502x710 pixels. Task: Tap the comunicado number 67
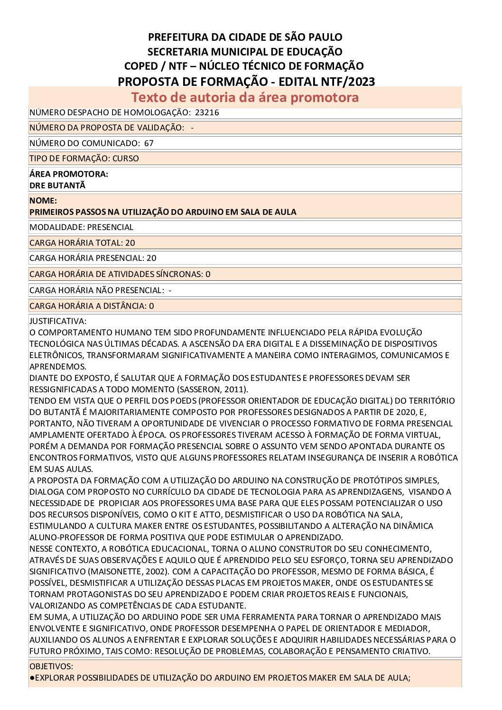pos(149,143)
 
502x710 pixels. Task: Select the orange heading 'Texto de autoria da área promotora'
pos(245,97)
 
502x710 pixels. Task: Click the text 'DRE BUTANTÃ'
pos(57,185)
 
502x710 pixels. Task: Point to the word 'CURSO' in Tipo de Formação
pos(126,158)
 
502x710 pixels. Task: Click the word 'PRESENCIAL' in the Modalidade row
pos(110,227)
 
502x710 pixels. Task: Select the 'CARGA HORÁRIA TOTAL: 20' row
pos(82,243)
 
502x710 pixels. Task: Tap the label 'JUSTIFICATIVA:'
pos(58,321)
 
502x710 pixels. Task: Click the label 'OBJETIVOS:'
pos(51,666)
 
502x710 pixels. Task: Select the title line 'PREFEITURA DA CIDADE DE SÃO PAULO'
pos(245,37)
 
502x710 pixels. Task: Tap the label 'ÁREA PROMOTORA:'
pos(69,174)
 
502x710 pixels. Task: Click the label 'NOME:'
pos(43,201)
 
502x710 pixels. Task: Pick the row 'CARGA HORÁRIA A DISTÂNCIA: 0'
pos(92,306)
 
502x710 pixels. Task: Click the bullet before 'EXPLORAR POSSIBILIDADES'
pos(32,678)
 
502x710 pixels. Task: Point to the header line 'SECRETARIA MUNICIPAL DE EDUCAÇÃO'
pos(245,52)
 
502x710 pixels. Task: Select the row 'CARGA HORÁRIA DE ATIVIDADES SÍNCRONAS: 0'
pos(120,274)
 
